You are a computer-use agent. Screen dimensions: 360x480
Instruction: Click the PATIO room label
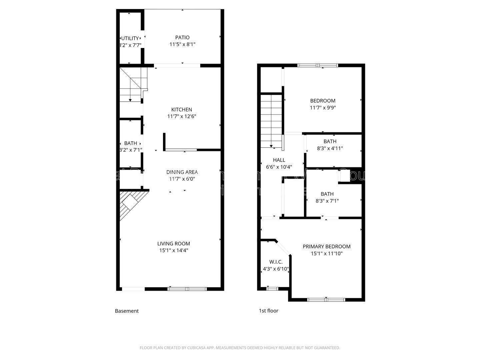(182, 37)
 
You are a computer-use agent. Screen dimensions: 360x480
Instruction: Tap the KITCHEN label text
(182, 109)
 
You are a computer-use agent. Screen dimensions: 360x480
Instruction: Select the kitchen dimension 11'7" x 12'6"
(182, 116)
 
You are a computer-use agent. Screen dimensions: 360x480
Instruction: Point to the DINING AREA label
(182, 172)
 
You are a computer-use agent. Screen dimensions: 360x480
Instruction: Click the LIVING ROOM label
(174, 244)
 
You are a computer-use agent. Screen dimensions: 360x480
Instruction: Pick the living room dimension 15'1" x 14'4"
(174, 251)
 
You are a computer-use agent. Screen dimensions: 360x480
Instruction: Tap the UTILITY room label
(130, 38)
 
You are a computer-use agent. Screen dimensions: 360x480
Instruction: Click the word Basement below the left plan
(127, 311)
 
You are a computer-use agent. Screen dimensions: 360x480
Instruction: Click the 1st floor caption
(268, 311)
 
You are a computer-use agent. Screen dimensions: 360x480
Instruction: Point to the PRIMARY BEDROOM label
(326, 247)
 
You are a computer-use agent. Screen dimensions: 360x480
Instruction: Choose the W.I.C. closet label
(276, 262)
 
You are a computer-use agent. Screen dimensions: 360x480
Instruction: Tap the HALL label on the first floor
(279, 160)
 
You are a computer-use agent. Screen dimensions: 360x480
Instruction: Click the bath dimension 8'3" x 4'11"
(330, 148)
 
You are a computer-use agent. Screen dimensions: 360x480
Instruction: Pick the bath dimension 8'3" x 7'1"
(327, 201)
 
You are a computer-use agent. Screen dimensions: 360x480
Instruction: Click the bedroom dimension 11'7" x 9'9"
(323, 108)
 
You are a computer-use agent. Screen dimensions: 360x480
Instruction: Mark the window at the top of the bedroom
(318, 65)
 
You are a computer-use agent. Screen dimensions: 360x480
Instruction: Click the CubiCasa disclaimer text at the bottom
(240, 348)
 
